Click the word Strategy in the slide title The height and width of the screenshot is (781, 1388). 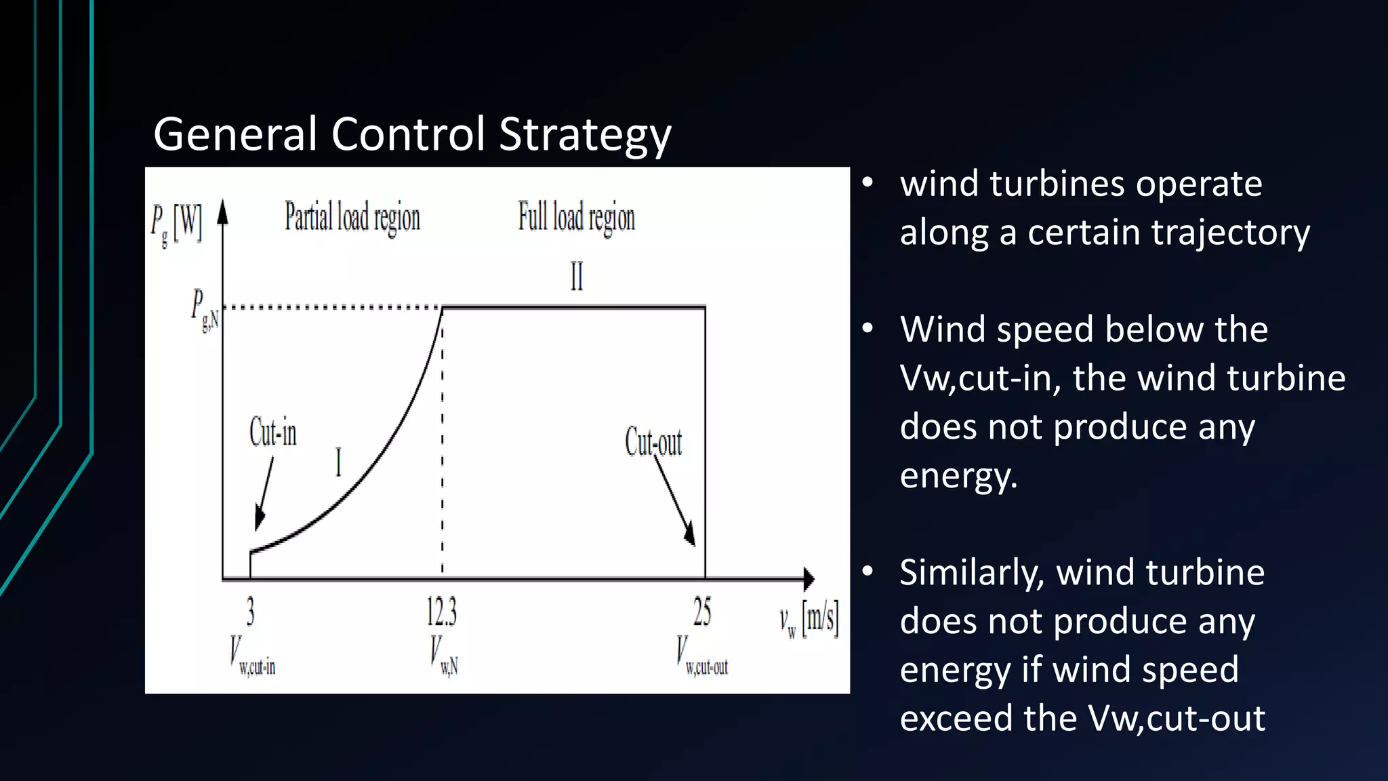[585, 135]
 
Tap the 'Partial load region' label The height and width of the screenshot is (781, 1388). [352, 218]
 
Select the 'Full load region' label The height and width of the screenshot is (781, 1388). [576, 218]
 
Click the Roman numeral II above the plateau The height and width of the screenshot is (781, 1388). [576, 277]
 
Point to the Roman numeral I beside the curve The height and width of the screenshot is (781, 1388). [338, 463]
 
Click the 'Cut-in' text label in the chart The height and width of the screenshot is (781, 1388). [272, 432]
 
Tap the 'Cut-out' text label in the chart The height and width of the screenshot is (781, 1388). [653, 442]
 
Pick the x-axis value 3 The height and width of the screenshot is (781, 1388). [250, 612]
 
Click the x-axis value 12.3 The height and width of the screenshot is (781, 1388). [441, 612]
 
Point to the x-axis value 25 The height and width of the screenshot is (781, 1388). [702, 612]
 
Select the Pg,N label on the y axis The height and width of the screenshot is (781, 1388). [204, 310]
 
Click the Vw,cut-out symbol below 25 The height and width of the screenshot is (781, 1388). [701, 655]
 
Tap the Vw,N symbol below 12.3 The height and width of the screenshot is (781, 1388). [444, 655]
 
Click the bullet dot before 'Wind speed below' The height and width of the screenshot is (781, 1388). [867, 329]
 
